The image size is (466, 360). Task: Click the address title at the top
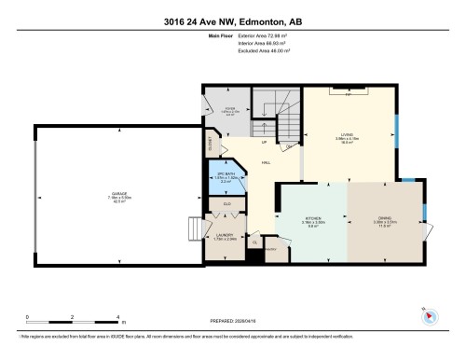click(x=232, y=21)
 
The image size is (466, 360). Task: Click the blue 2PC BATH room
click(x=225, y=177)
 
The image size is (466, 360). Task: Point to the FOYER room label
click(x=226, y=114)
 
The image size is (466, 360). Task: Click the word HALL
click(x=266, y=163)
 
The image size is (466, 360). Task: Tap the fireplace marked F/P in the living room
click(x=349, y=94)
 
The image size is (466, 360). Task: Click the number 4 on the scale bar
click(x=117, y=318)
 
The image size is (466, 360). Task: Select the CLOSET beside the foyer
click(x=212, y=145)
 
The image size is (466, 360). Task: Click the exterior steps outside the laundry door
click(x=197, y=229)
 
